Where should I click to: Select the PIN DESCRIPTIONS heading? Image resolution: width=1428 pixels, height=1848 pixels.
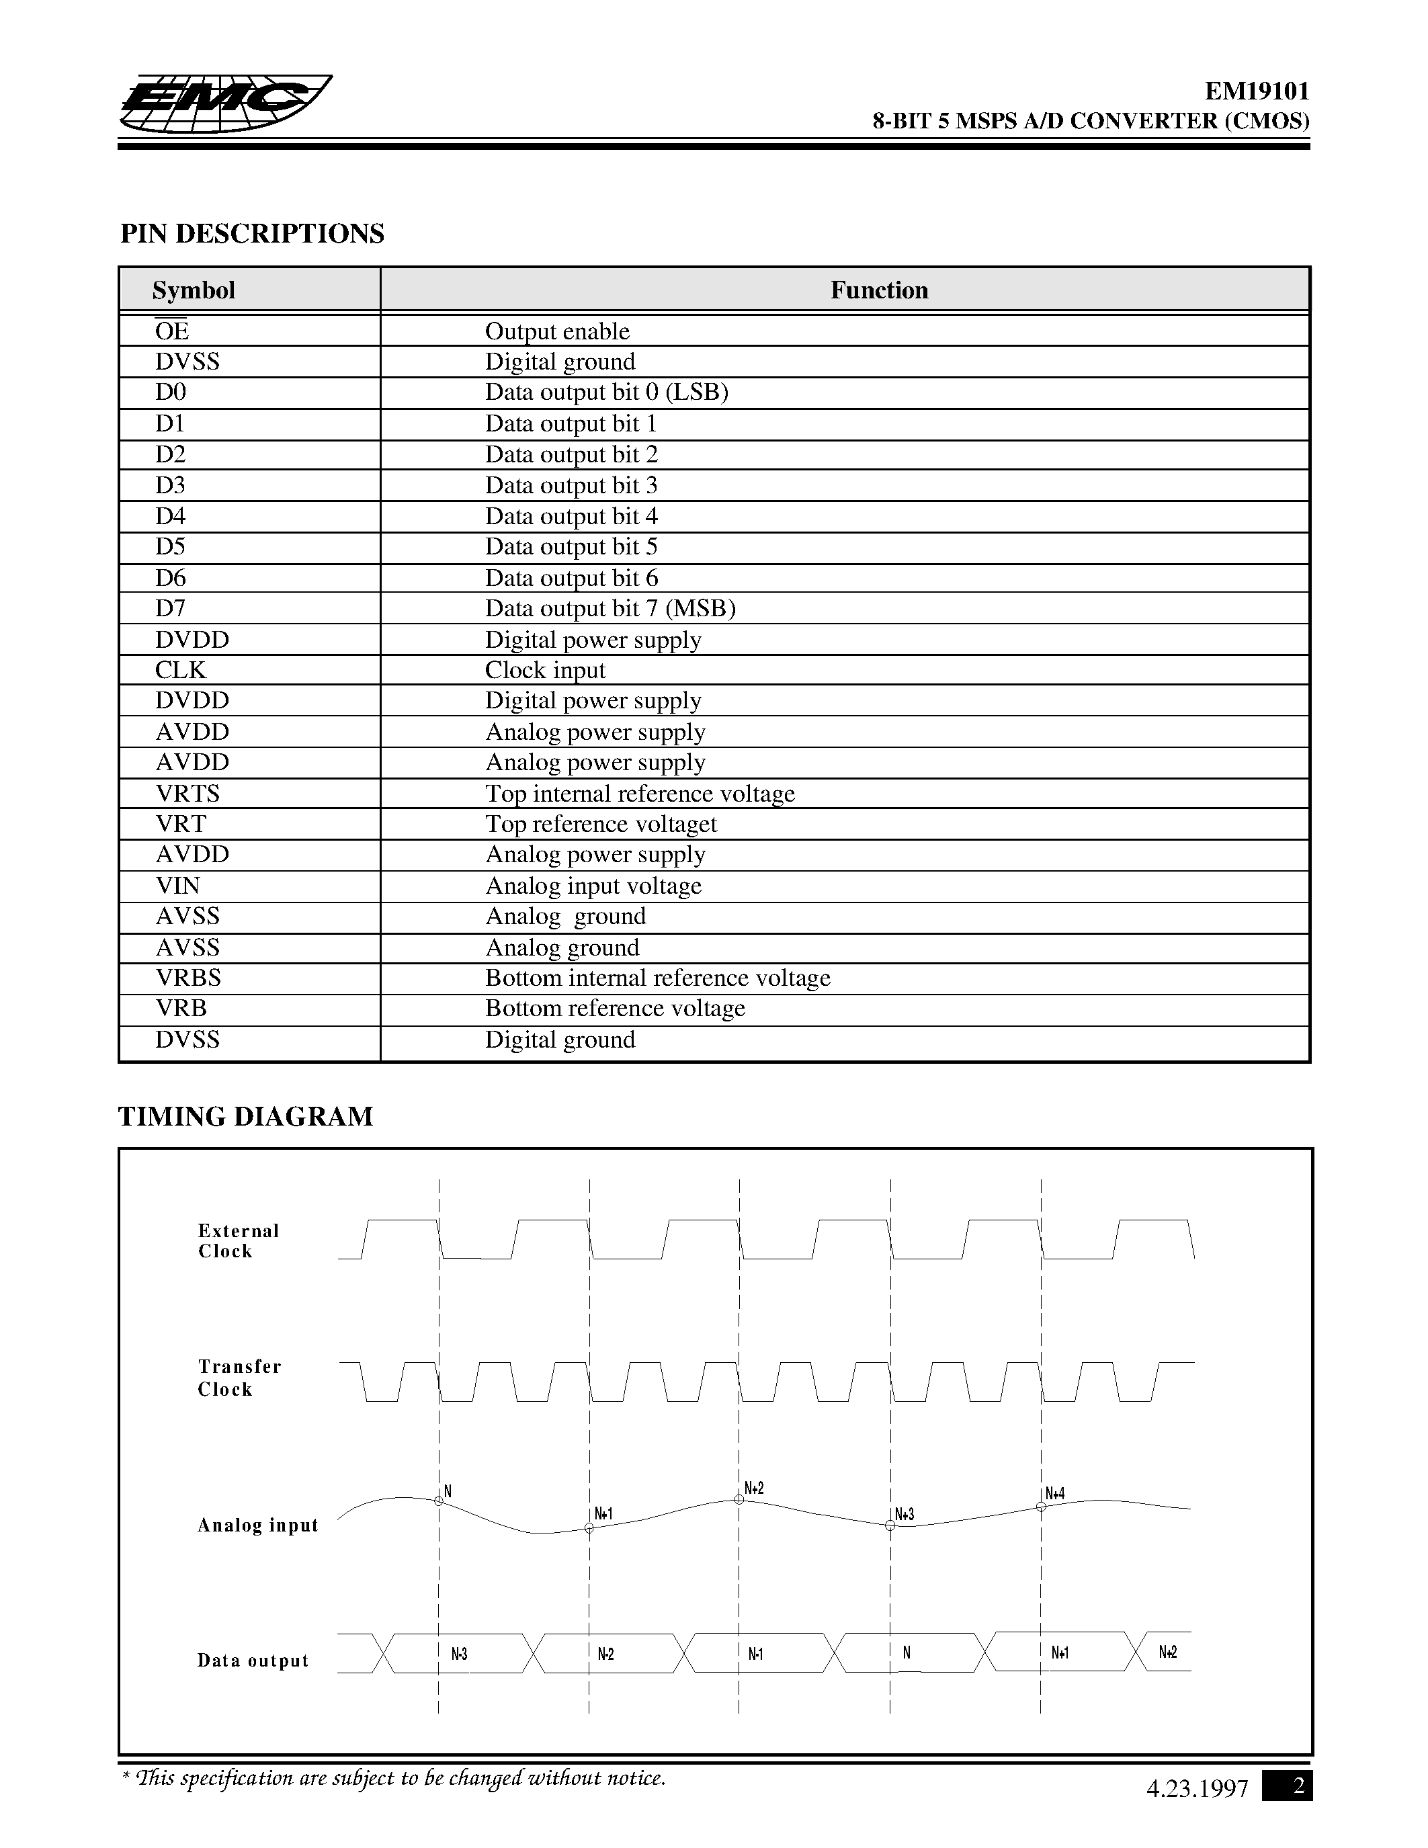[x=252, y=234]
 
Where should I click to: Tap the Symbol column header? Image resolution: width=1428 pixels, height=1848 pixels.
[x=194, y=290]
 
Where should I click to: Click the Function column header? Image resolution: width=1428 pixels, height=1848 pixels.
[x=879, y=290]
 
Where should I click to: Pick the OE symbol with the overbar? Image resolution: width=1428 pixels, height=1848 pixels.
[x=172, y=331]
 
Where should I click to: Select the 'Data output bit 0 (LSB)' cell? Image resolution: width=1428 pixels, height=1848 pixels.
[x=607, y=392]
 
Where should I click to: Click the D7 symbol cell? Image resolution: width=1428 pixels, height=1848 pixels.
[x=170, y=608]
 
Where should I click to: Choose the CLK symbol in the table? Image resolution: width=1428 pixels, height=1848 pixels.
[x=180, y=670]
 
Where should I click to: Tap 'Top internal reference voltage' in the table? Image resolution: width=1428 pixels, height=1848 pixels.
[x=640, y=794]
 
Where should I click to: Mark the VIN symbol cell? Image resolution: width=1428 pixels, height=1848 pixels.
[x=177, y=886]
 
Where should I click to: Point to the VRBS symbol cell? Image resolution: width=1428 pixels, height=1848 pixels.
[x=187, y=978]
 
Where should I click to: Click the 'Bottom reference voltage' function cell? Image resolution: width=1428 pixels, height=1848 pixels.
[x=615, y=1009]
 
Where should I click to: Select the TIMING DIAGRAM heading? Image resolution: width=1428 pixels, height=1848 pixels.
[x=245, y=1117]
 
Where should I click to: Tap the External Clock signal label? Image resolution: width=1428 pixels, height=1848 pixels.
[x=238, y=1241]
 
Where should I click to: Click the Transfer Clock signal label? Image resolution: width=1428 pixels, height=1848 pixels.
[x=239, y=1378]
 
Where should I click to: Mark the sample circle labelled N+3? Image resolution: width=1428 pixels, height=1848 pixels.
[x=890, y=1525]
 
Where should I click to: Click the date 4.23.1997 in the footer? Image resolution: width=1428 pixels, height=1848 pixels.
[x=1197, y=1789]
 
